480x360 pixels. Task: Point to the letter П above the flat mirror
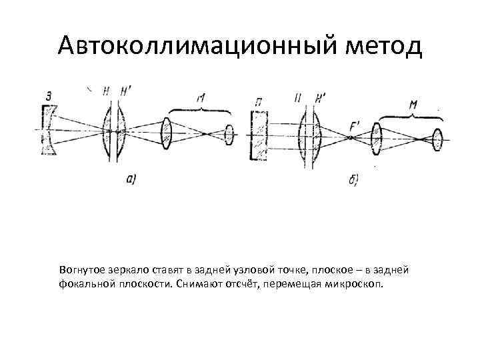click(257, 101)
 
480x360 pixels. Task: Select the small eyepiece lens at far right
click(437, 139)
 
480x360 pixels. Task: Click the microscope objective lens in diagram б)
click(378, 139)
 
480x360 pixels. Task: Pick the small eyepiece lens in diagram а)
click(229, 134)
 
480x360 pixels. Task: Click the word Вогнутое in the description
click(80, 269)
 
